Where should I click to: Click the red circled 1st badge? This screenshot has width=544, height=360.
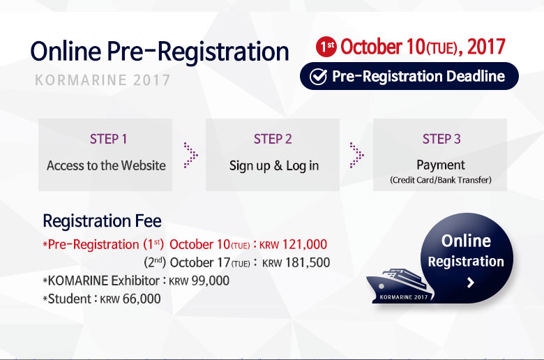[x=326, y=47]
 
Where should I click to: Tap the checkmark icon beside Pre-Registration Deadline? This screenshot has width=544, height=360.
[x=318, y=76]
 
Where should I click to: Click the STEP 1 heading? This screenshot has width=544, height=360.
[x=109, y=139]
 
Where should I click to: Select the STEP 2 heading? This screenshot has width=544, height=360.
[x=273, y=139]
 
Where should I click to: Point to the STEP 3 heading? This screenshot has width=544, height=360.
[x=441, y=139]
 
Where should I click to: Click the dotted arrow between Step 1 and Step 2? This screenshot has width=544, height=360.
[x=191, y=155]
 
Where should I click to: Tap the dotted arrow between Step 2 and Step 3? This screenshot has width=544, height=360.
[x=357, y=155]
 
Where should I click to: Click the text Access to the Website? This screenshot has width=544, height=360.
[x=106, y=165]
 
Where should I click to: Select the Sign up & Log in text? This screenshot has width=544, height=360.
[x=274, y=166]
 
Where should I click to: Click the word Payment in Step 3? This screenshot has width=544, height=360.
[x=441, y=165]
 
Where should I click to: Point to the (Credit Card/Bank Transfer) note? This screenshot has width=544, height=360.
[x=441, y=180]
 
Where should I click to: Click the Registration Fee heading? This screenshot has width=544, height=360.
[x=102, y=220]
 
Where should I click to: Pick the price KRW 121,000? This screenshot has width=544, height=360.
[x=293, y=244]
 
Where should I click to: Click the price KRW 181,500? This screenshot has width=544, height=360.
[x=296, y=263]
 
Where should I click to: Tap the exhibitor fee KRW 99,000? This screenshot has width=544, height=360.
[x=199, y=280]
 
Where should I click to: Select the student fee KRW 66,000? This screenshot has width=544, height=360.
[x=130, y=299]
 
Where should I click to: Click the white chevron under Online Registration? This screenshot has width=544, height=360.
[x=471, y=283]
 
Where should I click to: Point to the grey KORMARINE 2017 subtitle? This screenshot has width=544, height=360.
[x=103, y=80]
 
